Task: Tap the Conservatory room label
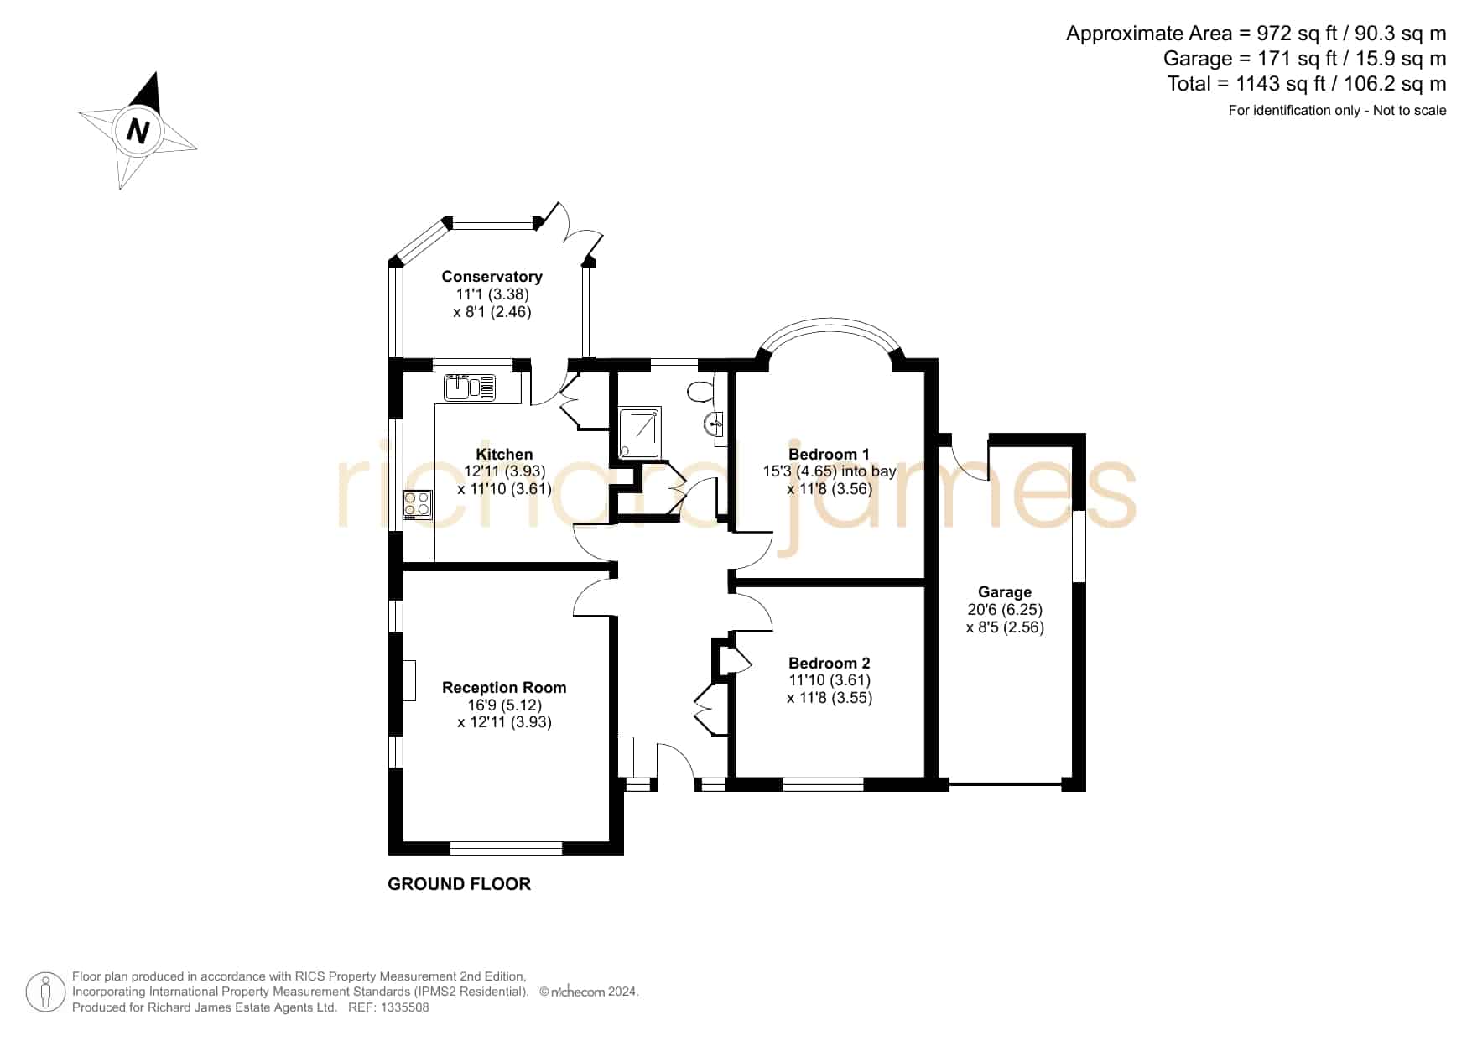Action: tap(492, 276)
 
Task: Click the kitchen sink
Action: tap(470, 388)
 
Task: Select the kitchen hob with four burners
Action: tap(418, 504)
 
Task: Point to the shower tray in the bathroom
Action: tap(640, 433)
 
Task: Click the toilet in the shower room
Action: tap(700, 390)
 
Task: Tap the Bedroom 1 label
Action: tap(829, 454)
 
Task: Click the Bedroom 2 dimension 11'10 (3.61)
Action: tap(830, 680)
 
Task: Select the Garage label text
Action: tap(1005, 591)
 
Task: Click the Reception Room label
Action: tap(504, 687)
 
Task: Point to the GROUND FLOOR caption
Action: tap(459, 884)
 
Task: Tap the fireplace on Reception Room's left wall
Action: tap(409, 680)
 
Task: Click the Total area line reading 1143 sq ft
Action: tap(1306, 84)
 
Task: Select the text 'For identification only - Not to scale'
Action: tap(1337, 110)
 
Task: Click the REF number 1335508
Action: tap(405, 1007)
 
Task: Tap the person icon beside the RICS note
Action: tap(45, 992)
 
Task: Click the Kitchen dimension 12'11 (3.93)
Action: tap(505, 471)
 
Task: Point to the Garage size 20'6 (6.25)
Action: tap(1005, 610)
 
